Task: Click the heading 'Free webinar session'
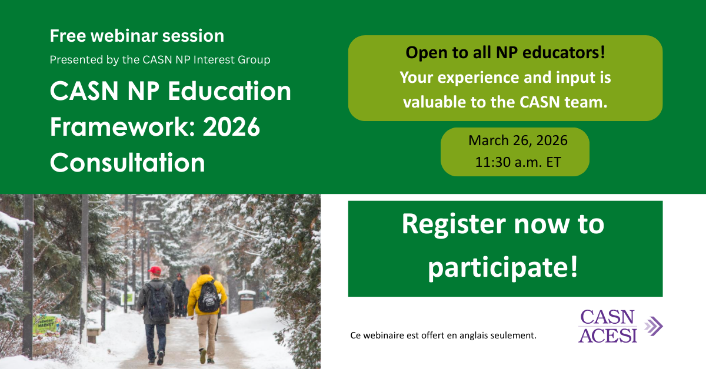click(136, 36)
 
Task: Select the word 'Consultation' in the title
click(128, 162)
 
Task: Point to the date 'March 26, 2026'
click(518, 140)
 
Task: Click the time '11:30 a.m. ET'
click(518, 163)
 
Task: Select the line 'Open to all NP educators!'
click(505, 53)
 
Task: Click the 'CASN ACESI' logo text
click(607, 326)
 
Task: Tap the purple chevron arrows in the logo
click(653, 326)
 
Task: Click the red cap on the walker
click(155, 270)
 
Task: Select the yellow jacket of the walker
click(207, 294)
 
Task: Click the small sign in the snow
click(47, 324)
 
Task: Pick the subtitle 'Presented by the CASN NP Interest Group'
click(160, 59)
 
